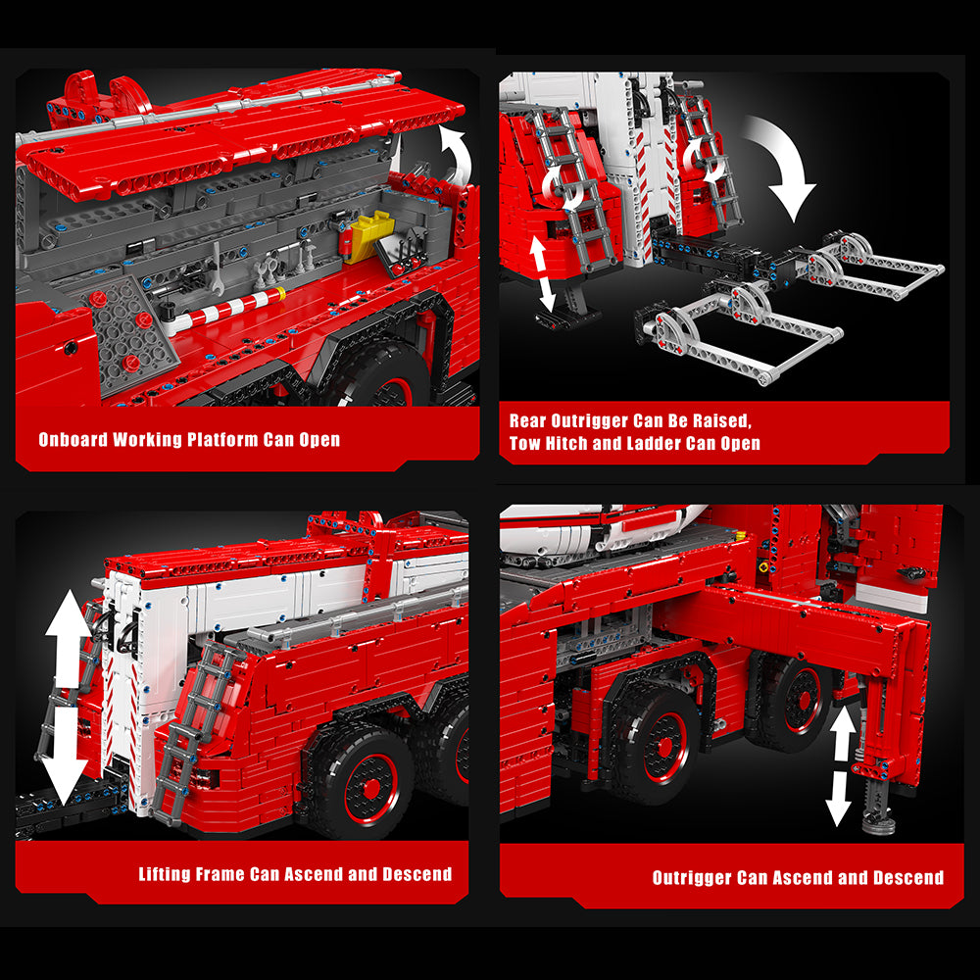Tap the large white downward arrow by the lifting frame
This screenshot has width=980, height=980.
click(x=67, y=755)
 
